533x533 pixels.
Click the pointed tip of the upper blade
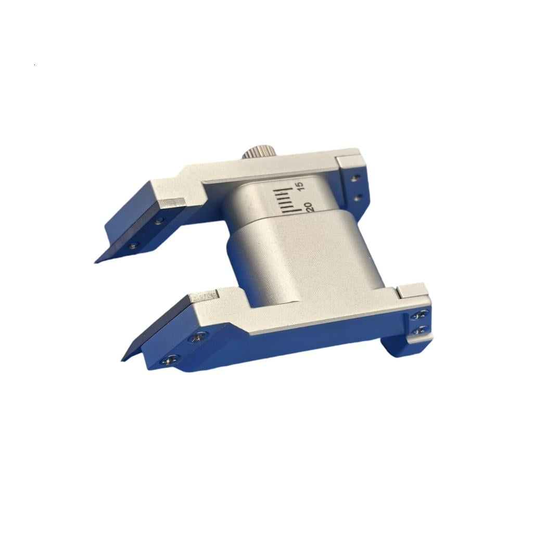[x=96, y=262]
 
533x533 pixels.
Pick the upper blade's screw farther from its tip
[x=158, y=221]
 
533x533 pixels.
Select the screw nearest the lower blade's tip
[x=170, y=359]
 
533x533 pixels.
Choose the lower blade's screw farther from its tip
[x=198, y=337]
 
